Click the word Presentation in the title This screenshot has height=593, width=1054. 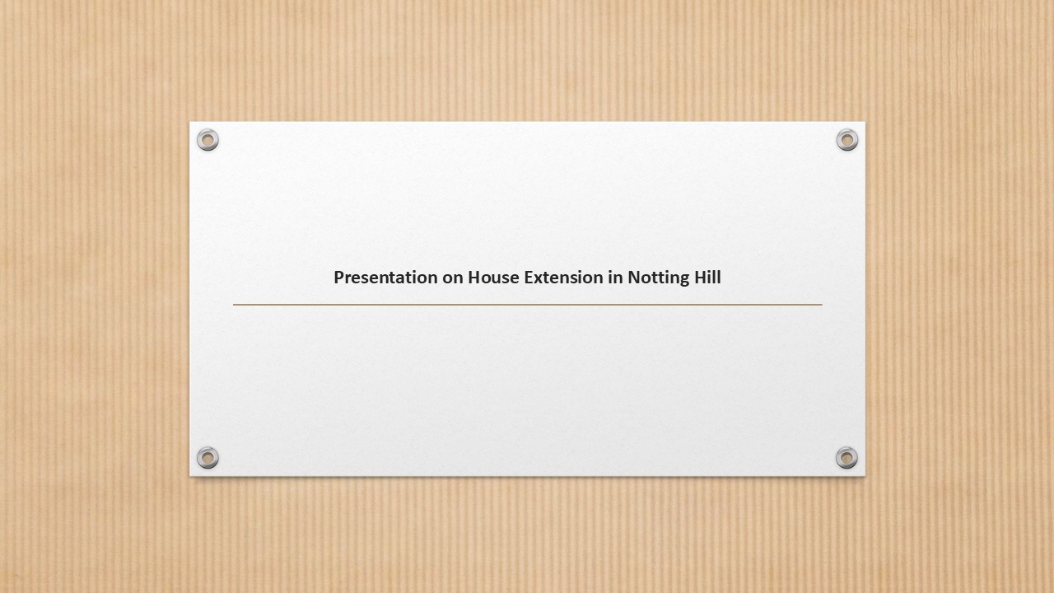tap(385, 278)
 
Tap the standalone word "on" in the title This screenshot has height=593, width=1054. tap(453, 278)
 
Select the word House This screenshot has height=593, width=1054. tap(493, 278)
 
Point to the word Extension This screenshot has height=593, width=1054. tap(564, 278)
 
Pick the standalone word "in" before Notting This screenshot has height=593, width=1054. tap(615, 278)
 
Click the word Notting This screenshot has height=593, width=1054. tap(658, 278)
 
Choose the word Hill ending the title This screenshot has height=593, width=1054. tap(707, 277)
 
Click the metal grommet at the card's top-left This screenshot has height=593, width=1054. tap(208, 140)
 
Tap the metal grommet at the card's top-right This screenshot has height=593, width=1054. tap(847, 140)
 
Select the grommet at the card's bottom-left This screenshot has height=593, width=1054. tap(208, 457)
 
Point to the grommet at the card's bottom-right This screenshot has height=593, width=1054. tap(846, 457)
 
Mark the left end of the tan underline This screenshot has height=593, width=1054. tap(233, 305)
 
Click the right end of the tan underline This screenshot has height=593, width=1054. tap(822, 305)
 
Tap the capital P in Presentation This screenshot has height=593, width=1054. tap(338, 278)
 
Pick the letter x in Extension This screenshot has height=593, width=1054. tap(539, 278)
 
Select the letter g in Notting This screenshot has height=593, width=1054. tap(683, 281)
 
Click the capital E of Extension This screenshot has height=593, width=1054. tap(529, 278)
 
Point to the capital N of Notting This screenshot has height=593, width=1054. tap(634, 278)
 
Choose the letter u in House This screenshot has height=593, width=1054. tap(496, 279)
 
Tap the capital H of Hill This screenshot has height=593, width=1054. tap(700, 278)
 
